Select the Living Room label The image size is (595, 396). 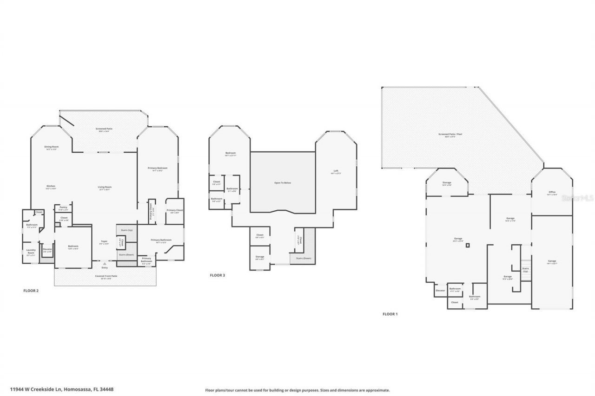[x=105, y=188]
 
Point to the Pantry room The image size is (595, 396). [x=63, y=208]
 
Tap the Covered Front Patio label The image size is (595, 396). [x=106, y=277]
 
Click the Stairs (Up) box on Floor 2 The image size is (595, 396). [x=126, y=230]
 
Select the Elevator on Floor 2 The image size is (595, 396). [x=47, y=250]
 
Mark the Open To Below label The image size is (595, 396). [x=282, y=183]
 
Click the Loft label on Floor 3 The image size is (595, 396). [x=336, y=172]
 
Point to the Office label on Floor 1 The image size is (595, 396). [x=552, y=193]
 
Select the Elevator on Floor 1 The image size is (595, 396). [x=440, y=291]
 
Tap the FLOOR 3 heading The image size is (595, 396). [x=217, y=275]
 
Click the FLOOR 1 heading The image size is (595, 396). [x=390, y=314]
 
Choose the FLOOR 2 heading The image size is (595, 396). [x=31, y=291]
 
